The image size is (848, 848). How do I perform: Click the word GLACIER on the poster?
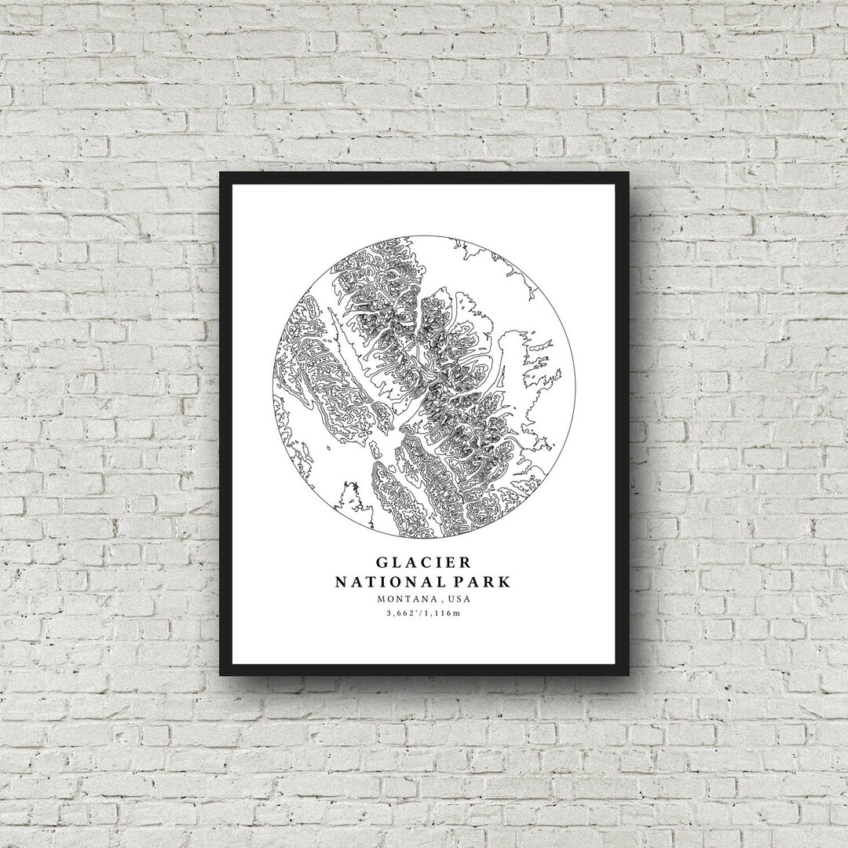424,563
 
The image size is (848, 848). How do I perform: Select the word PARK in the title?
484,582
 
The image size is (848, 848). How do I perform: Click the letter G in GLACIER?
382,563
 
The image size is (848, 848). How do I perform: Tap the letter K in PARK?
505,582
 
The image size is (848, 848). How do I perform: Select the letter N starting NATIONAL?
342,582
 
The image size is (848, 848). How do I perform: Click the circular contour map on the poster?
424,387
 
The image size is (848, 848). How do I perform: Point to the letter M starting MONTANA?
380,599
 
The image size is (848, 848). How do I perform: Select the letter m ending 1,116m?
456,613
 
